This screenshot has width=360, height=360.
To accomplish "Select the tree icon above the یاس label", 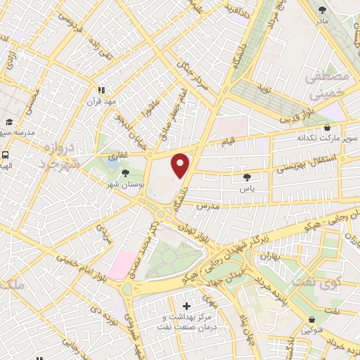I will click(245, 177).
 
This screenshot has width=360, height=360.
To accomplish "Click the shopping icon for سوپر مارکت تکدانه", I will click(327, 127).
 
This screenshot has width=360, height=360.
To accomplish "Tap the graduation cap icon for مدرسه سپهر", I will click(9, 121).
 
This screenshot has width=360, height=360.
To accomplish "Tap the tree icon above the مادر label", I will click(323, 10).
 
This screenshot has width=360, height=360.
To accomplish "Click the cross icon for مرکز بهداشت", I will click(186, 306).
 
